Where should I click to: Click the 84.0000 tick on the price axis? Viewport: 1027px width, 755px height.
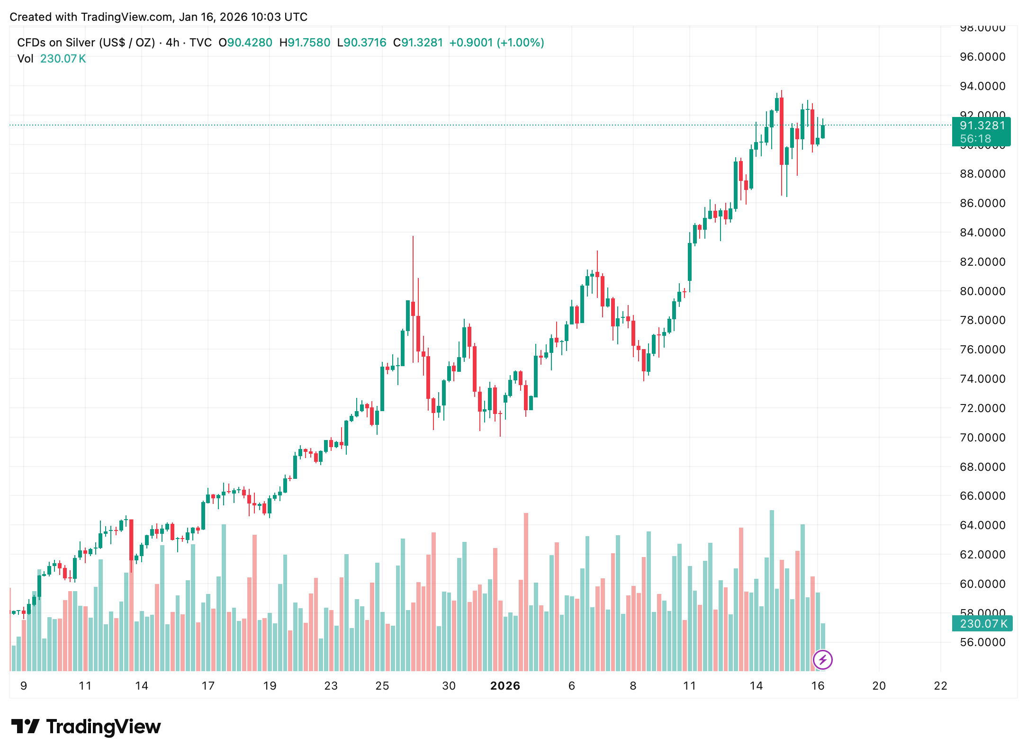982,233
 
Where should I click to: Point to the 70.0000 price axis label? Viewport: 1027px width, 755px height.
982,438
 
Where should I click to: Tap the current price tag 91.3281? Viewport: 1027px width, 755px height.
982,126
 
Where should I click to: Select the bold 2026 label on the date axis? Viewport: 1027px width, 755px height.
505,686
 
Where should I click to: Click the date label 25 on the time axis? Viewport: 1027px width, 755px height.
382,686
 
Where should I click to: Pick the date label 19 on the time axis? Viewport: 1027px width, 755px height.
270,686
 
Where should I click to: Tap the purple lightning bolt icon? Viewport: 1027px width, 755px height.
822,660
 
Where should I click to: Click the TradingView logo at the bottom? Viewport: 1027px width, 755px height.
86,727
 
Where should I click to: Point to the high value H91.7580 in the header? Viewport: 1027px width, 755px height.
305,43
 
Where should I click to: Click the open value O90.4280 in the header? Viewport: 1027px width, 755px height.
245,43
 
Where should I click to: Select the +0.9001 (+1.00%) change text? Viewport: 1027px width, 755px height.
496,43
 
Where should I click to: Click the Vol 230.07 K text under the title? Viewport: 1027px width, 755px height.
51,59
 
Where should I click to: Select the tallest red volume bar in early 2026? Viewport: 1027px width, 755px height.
526,592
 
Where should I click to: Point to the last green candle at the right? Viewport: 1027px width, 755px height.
823,132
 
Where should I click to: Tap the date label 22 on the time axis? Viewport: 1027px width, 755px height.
940,686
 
